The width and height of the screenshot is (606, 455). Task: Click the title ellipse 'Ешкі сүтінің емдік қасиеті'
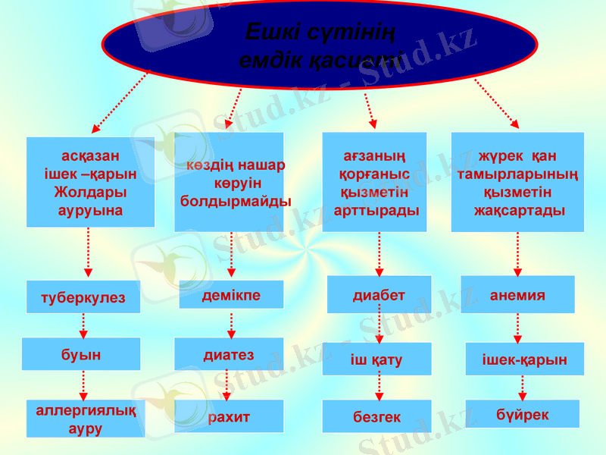click(320, 45)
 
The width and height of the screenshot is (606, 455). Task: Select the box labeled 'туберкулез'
click(83, 297)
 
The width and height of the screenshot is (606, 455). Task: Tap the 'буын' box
click(81, 353)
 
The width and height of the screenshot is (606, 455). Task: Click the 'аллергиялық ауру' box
click(86, 419)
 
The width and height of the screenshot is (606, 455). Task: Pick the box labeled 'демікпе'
click(231, 295)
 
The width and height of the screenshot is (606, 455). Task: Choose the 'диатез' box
click(229, 354)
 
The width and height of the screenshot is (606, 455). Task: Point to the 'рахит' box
click(229, 416)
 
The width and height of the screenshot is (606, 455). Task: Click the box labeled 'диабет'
click(379, 295)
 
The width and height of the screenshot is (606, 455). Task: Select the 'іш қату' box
click(376, 359)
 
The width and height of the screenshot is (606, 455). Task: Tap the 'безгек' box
click(376, 416)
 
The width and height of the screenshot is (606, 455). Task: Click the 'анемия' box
click(517, 295)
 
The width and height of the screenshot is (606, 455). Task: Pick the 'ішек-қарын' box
click(524, 359)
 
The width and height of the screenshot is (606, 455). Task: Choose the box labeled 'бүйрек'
click(522, 414)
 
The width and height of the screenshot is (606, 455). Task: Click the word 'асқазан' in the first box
click(90, 157)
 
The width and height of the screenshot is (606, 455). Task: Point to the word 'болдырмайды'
click(236, 202)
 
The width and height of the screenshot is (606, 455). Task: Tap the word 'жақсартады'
click(519, 210)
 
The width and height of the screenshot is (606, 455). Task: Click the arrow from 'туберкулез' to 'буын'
click(83, 325)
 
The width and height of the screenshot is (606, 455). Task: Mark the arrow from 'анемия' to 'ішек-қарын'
click(517, 328)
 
